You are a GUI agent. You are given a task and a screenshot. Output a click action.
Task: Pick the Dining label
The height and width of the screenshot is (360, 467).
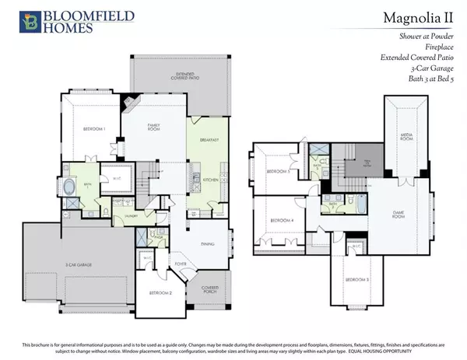tap(207, 244)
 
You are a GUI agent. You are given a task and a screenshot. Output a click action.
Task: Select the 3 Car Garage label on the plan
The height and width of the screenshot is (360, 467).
tap(79, 265)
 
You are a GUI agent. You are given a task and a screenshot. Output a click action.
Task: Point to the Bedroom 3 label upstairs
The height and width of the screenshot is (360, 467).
tap(356, 278)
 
